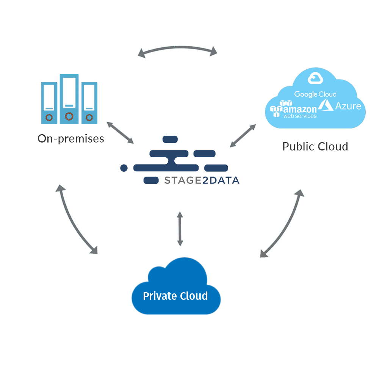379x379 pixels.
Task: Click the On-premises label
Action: [71, 139]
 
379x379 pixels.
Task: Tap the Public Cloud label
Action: [315, 146]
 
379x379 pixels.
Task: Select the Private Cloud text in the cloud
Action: [175, 296]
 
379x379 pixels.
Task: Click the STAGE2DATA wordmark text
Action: [202, 180]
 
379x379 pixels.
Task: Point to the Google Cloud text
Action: [315, 94]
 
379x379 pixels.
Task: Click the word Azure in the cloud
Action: [348, 106]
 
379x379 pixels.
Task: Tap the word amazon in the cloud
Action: [300, 109]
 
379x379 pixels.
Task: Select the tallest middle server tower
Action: [69, 99]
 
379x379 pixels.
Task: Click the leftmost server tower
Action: [49, 103]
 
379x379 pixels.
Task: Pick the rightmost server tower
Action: [89, 103]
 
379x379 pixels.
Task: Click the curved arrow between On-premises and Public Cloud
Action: [178, 48]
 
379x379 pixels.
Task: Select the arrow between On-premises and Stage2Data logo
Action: [120, 133]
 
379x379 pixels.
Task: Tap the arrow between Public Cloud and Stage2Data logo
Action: [243, 135]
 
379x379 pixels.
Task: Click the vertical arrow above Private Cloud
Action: [180, 229]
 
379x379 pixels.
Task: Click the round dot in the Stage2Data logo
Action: [124, 168]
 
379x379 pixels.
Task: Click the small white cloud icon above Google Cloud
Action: [315, 78]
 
